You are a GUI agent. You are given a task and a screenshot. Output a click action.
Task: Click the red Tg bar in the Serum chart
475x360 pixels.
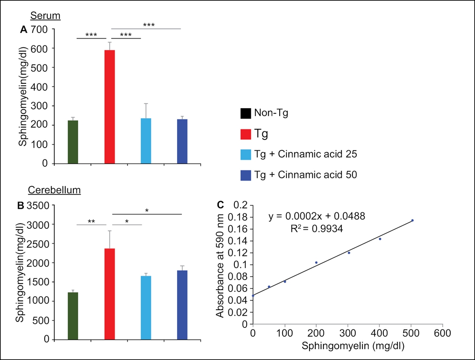click(x=109, y=107)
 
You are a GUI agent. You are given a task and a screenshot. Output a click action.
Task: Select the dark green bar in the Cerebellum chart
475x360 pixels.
click(x=73, y=316)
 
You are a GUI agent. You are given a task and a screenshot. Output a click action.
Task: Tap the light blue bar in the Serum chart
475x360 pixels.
click(x=146, y=141)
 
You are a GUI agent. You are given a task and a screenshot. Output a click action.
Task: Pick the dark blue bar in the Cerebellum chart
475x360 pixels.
click(x=182, y=305)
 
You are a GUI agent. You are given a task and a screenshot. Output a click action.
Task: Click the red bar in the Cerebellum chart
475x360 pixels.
click(x=109, y=294)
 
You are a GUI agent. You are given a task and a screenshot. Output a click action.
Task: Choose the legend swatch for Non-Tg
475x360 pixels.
click(x=246, y=113)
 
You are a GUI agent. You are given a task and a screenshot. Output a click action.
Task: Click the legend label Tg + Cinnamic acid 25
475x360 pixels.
click(x=306, y=154)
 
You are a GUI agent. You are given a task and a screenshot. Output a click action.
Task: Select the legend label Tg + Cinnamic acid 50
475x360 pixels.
click(x=306, y=175)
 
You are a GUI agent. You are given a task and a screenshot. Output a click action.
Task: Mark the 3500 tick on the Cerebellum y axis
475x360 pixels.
click(x=38, y=205)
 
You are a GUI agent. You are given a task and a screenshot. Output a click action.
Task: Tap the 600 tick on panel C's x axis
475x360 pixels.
click(x=442, y=334)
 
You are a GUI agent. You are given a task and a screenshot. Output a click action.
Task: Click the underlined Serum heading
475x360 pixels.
click(x=46, y=16)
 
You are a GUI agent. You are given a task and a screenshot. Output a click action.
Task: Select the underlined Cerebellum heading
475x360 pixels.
click(x=54, y=190)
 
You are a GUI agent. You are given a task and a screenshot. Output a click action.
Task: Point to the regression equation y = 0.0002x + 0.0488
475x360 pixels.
click(x=317, y=216)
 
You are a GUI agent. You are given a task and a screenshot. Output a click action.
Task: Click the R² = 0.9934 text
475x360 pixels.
click(x=317, y=228)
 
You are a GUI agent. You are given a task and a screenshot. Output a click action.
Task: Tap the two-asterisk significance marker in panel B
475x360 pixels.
click(x=91, y=221)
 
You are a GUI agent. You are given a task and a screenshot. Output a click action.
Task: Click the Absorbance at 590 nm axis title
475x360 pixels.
click(x=220, y=266)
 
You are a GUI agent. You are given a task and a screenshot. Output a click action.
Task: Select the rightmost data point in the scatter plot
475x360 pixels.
click(x=412, y=220)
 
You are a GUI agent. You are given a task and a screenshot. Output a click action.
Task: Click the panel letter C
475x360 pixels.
click(x=221, y=205)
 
